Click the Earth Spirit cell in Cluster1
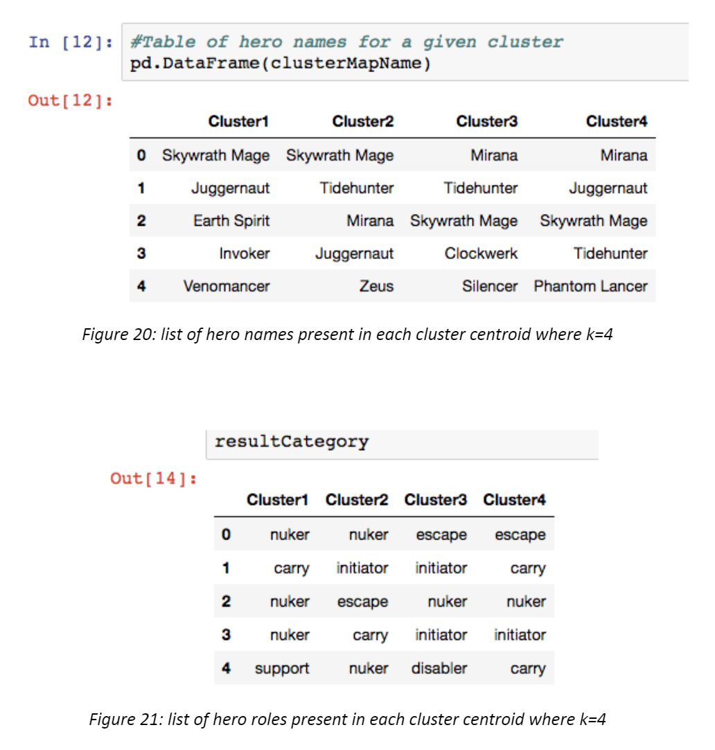coord(231,221)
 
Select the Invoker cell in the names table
coord(244,253)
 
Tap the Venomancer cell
coord(226,286)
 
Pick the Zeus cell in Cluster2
coord(376,286)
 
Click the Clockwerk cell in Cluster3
coord(481,253)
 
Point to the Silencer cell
coord(489,286)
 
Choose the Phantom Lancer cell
coord(590,286)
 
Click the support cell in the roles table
coord(282,669)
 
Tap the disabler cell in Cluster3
coord(439,669)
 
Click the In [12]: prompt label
coord(70,42)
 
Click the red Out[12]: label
coord(70,100)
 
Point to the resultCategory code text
coord(292,442)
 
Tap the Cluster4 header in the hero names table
coord(616,122)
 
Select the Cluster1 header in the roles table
coord(277,499)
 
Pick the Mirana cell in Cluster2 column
coord(370,221)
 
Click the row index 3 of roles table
coord(226,635)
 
